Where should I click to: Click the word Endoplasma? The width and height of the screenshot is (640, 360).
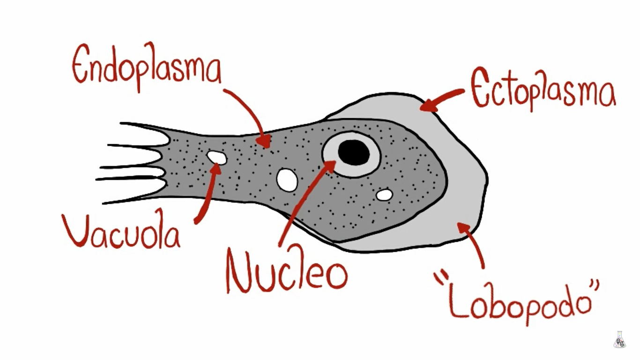[146, 66]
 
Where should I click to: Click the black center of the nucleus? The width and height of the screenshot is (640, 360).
[354, 152]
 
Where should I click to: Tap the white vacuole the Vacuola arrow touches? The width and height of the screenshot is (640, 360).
[217, 157]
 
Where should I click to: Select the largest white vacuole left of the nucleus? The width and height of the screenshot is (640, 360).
[287, 180]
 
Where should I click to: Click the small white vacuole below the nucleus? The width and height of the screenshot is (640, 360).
[385, 194]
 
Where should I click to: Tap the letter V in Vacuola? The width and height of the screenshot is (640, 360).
[78, 231]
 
